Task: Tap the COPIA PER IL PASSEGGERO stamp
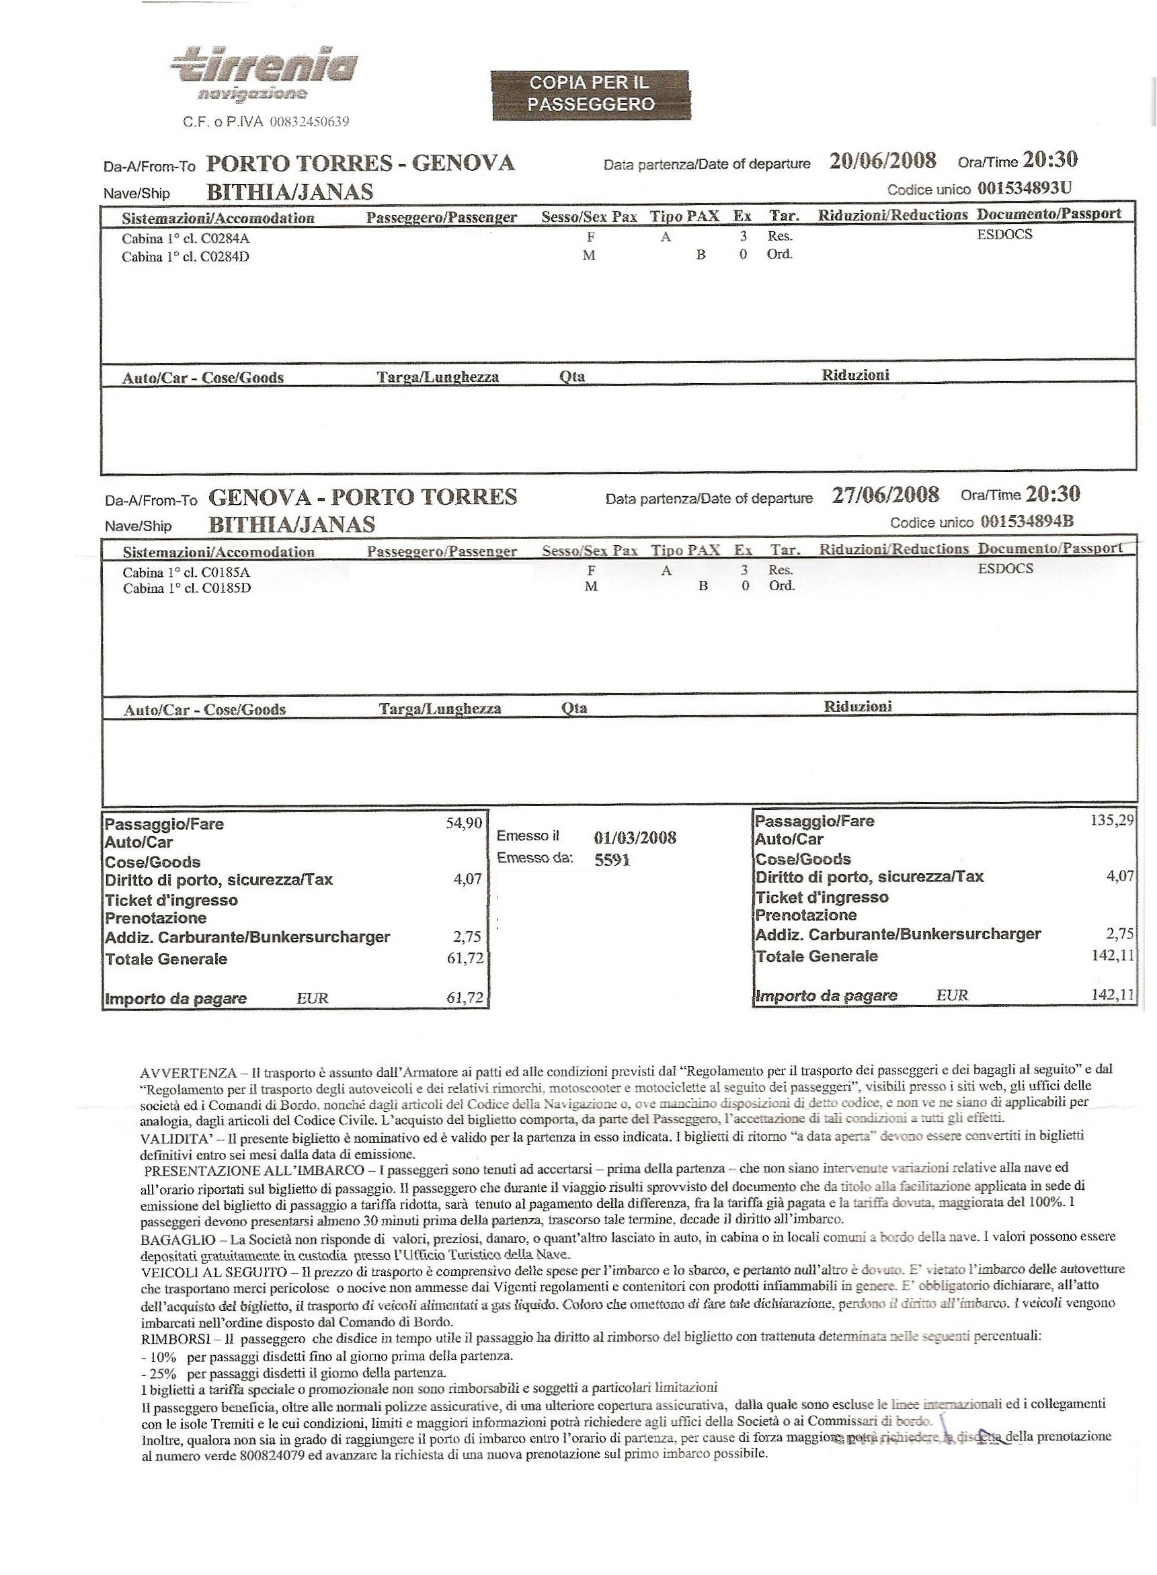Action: pyautogui.click(x=590, y=94)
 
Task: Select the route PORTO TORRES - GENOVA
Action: pyautogui.click(x=361, y=163)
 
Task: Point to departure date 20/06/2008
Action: pyautogui.click(x=883, y=161)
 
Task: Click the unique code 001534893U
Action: pyautogui.click(x=1024, y=188)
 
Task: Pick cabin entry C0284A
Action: pyautogui.click(x=186, y=238)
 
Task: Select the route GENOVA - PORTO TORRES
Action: pyautogui.click(x=363, y=497)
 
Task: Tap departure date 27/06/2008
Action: pyautogui.click(x=885, y=495)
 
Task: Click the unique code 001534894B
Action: pyautogui.click(x=1027, y=521)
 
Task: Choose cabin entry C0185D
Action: pyautogui.click(x=187, y=588)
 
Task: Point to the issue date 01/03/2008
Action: pyautogui.click(x=635, y=838)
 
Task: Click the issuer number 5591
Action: pyautogui.click(x=612, y=860)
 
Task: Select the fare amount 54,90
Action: pyautogui.click(x=465, y=823)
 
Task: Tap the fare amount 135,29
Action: pyautogui.click(x=1111, y=820)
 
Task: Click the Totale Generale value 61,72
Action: pyautogui.click(x=465, y=958)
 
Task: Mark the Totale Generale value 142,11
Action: pyautogui.click(x=1112, y=955)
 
